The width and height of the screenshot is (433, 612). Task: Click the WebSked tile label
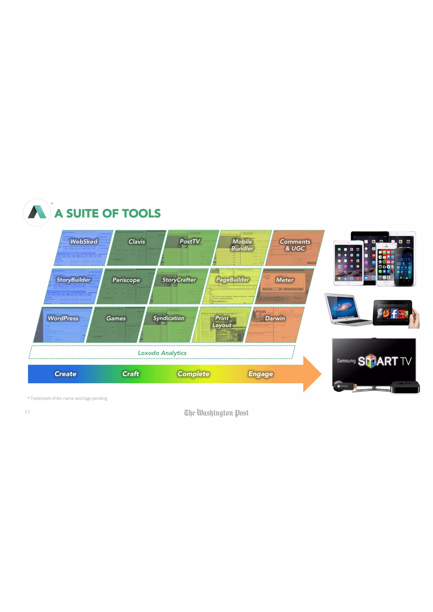point(84,242)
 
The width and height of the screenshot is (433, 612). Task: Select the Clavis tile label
point(137,242)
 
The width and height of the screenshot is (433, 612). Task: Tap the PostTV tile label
point(190,242)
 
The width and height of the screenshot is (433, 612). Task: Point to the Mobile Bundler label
point(242,245)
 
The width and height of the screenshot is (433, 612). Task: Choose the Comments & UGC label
point(295,245)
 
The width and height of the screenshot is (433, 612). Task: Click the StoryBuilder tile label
point(73,280)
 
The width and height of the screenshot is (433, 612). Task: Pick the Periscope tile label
point(126,280)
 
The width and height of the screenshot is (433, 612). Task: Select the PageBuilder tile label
point(233,280)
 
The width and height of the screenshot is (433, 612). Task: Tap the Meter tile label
point(285,280)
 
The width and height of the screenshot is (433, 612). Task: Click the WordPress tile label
point(63,318)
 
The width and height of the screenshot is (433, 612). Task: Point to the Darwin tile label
point(275,318)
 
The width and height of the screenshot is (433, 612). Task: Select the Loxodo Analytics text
point(162,353)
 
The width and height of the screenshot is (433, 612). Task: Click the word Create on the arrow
point(65,374)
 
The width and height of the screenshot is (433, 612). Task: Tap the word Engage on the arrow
point(260,374)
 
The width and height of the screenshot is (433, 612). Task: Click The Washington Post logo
point(216,413)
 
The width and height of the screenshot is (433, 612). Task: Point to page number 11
point(27,412)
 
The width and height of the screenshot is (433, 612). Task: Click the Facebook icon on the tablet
point(394,314)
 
